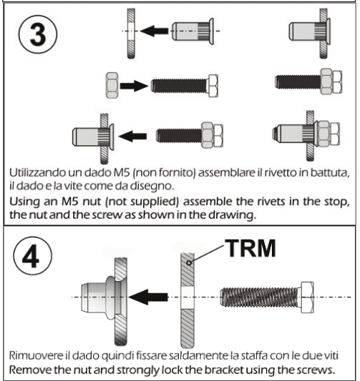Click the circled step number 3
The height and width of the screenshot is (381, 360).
(38, 34)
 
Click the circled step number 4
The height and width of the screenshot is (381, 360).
(32, 256)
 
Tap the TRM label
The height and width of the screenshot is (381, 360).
(250, 248)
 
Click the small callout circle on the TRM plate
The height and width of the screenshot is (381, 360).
(189, 262)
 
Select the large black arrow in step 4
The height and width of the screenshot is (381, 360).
(148, 297)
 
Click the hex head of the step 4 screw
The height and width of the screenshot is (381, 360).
(307, 297)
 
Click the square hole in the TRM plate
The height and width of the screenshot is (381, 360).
(188, 297)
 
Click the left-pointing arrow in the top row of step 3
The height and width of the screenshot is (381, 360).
(154, 31)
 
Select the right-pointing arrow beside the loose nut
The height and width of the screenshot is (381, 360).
(134, 86)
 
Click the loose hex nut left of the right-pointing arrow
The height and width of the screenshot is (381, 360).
(112, 85)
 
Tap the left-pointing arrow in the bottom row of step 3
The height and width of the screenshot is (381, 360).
(132, 136)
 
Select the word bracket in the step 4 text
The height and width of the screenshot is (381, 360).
(223, 370)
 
